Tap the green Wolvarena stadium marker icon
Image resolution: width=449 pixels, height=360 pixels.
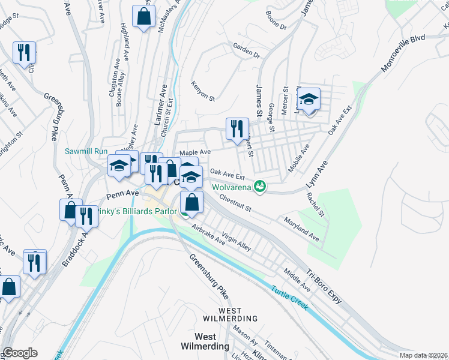tap(260, 187)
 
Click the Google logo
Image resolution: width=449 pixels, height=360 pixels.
tap(19, 353)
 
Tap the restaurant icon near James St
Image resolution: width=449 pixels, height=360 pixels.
tap(237, 129)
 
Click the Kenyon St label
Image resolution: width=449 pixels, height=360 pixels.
tap(203, 89)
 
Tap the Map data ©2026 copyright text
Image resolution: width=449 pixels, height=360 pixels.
tap(423, 355)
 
